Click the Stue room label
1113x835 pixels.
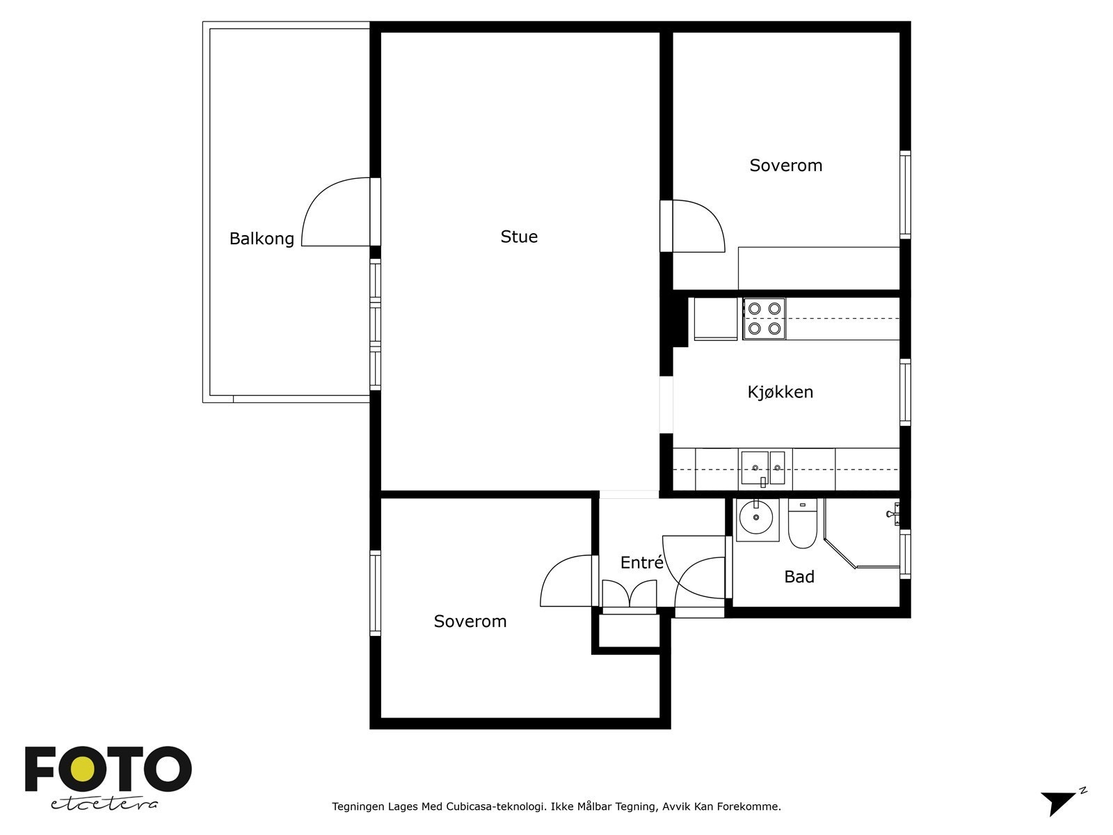point(519,237)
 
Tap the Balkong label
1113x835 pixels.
point(262,239)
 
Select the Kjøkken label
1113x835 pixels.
point(780,392)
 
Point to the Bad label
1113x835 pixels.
point(799,577)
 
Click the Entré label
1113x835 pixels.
point(642,562)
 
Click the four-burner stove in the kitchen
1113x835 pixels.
point(764,319)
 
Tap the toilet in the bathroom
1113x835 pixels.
point(802,524)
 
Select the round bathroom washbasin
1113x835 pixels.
point(756,518)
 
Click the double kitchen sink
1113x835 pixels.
point(763,468)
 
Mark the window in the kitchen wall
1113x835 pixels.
point(905,392)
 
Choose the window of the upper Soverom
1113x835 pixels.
point(905,195)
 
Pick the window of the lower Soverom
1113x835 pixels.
point(375,593)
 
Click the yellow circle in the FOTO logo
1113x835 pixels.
point(82,770)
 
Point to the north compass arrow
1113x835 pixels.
point(1059,803)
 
